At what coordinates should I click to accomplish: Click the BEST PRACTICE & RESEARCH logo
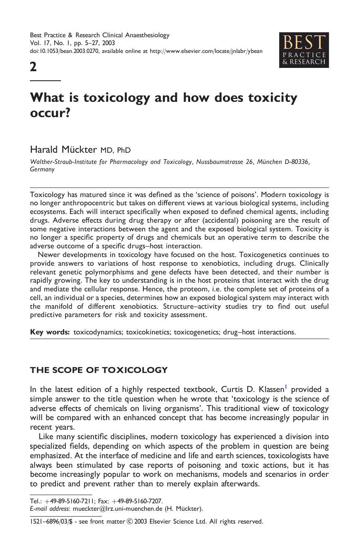304,50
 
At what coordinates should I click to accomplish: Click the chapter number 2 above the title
33,67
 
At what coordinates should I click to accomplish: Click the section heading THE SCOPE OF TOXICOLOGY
99,370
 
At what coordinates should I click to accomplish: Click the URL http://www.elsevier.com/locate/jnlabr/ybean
206,51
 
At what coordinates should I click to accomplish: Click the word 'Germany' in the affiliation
42,169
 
